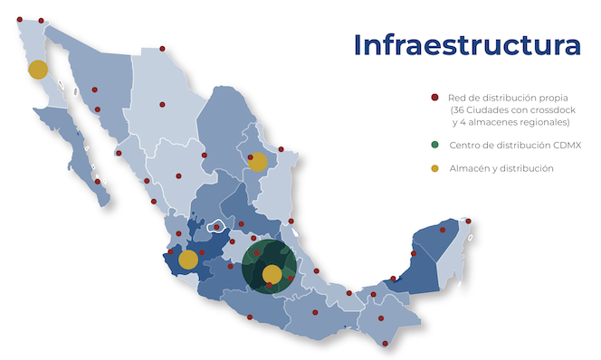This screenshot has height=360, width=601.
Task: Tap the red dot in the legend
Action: coord(434,97)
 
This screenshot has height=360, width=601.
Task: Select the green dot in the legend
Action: coord(434,145)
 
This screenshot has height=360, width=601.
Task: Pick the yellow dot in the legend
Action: coord(434,168)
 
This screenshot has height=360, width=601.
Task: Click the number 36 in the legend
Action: coord(469,109)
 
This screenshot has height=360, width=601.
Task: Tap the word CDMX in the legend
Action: coord(562,145)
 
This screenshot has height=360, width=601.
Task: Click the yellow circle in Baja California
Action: coord(38,69)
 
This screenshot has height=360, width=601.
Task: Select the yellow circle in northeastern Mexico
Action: coord(258,162)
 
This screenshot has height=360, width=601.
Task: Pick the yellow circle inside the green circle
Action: coord(272,273)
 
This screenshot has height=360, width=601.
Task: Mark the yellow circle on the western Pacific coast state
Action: coord(188,260)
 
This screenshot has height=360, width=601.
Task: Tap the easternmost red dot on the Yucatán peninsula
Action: coord(469,220)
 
